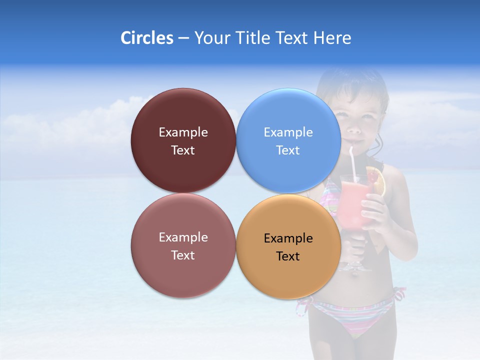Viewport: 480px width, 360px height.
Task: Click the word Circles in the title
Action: (x=146, y=38)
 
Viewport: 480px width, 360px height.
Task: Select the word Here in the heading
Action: (x=332, y=38)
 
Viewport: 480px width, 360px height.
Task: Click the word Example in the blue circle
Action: (x=288, y=132)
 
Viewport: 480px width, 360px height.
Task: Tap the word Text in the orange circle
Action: (x=288, y=256)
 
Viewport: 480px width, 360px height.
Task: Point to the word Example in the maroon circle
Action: (x=183, y=132)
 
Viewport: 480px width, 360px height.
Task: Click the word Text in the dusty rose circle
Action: (x=183, y=255)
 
